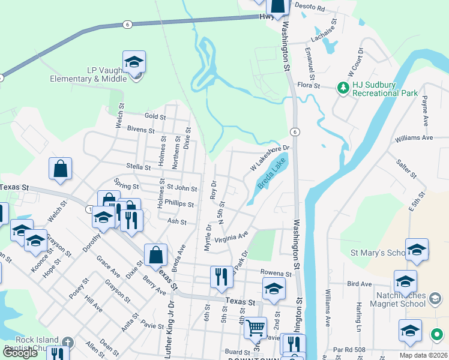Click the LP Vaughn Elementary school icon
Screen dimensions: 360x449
(x=134, y=63)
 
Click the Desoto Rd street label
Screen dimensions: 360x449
(x=312, y=9)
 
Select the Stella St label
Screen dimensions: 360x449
(x=137, y=166)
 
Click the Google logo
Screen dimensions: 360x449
(x=20, y=352)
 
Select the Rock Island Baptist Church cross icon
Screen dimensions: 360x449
(x=68, y=343)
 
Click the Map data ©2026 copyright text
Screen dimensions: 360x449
(x=423, y=355)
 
